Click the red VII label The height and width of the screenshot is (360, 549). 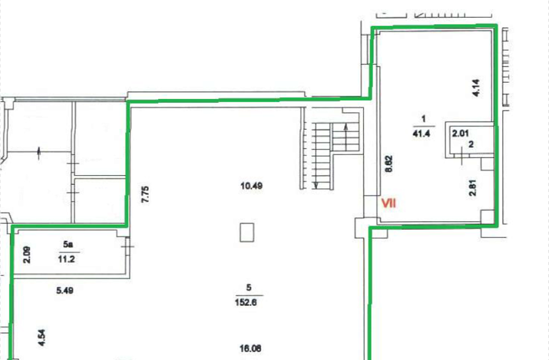point(388,203)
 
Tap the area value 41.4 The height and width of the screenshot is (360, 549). point(422,133)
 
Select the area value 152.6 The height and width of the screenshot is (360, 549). point(246,302)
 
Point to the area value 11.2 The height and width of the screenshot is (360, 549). point(66,259)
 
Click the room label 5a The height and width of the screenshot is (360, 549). point(68,244)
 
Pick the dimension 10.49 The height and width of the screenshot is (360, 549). point(251,186)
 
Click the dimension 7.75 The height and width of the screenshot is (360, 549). point(145,194)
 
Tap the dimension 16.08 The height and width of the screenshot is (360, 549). point(250,348)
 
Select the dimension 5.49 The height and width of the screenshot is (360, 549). point(65,290)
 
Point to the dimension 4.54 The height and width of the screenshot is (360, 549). point(42,338)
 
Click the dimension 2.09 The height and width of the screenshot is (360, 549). point(27,255)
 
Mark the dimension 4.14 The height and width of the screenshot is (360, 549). point(476,88)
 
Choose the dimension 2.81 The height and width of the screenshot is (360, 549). point(472,188)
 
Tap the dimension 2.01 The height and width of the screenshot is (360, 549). point(461,133)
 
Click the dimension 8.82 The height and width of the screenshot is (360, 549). point(388,164)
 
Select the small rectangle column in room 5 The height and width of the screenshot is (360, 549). point(247,232)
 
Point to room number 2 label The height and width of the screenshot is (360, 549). point(472,144)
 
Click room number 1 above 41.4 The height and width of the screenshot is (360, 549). point(423,119)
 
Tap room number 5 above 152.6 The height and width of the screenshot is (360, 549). point(248,288)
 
